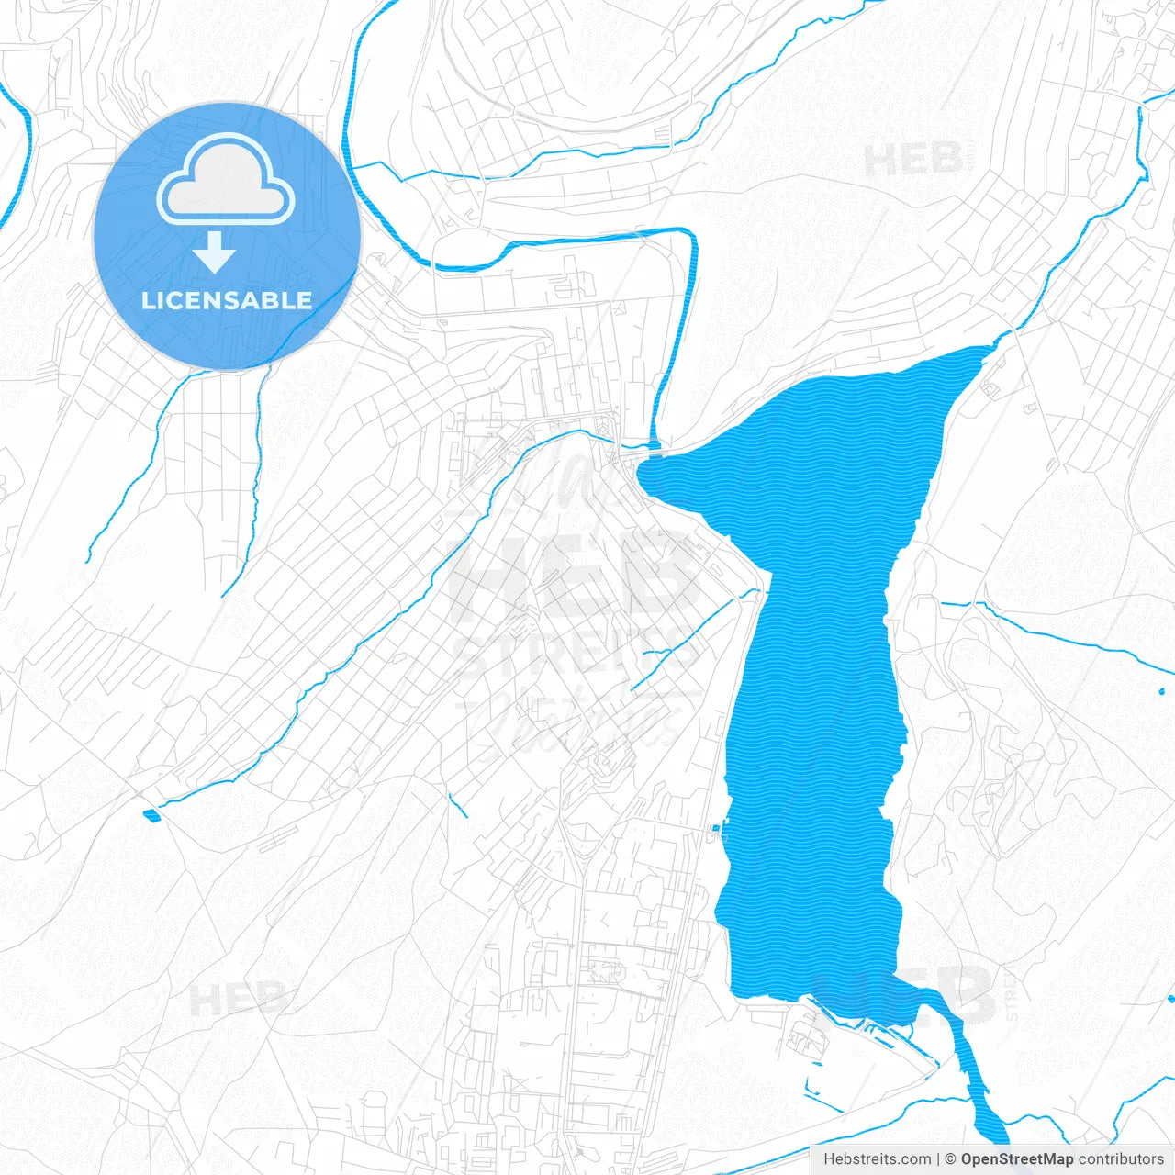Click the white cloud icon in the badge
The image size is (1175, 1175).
[226, 181]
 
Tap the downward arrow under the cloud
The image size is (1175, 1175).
[215, 252]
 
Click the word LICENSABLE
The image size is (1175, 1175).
[227, 300]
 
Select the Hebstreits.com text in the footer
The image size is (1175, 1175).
[877, 1159]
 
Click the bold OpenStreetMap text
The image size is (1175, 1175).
[1016, 1159]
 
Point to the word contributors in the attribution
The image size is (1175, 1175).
[1120, 1159]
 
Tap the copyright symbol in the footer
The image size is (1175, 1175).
[951, 1159]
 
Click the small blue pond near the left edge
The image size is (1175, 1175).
[151, 814]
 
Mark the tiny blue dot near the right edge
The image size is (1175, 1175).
[1161, 690]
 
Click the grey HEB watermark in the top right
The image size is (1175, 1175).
[913, 160]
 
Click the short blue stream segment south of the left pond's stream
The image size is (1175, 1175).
[457, 803]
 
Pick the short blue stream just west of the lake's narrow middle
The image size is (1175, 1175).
[684, 638]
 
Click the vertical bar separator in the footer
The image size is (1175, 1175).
[939, 1159]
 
